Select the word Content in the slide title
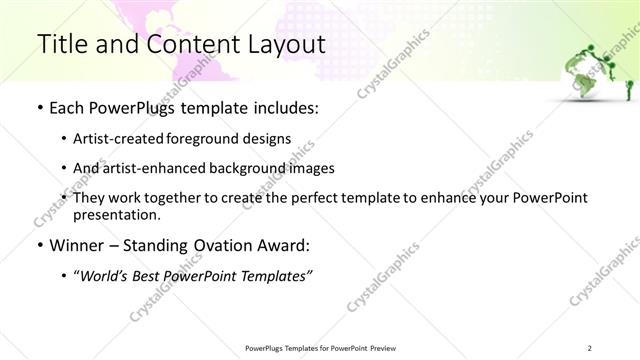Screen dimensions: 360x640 [189, 44]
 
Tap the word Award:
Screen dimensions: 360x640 [285, 245]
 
